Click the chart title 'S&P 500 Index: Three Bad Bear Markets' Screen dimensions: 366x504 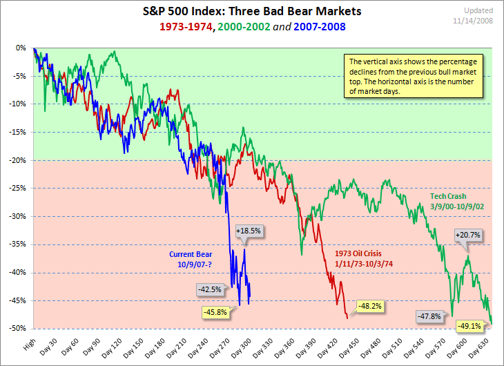tap(251, 13)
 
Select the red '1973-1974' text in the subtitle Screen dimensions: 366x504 tap(186, 27)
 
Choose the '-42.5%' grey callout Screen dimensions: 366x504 tap(209, 289)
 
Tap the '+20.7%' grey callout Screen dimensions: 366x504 tap(467, 235)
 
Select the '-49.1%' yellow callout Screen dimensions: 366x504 tap(471, 325)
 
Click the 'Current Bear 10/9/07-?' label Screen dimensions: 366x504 tap(193, 258)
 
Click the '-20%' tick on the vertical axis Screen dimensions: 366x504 tap(18, 160)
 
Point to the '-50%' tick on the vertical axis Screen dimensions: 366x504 tap(18, 329)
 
